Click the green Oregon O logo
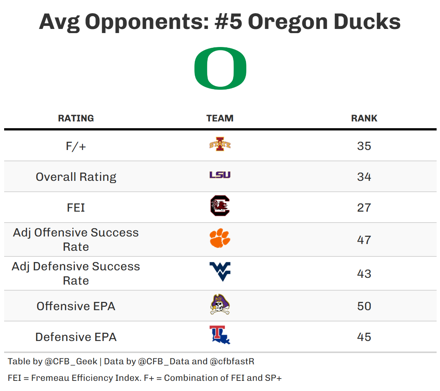(220, 68)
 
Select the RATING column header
(76, 118)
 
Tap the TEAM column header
(220, 118)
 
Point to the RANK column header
(364, 118)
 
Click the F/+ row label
(76, 146)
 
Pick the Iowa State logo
(220, 144)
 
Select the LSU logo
(220, 175)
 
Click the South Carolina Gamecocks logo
(220, 206)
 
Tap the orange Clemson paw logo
(220, 238)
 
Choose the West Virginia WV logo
(220, 271)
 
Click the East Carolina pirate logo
(220, 305)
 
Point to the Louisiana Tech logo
(220, 335)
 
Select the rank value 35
(364, 146)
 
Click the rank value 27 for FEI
(364, 208)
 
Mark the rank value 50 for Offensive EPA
(364, 306)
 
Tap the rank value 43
(364, 274)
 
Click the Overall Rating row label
(76, 177)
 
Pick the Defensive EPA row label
(76, 337)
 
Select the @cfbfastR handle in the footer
(232, 362)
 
